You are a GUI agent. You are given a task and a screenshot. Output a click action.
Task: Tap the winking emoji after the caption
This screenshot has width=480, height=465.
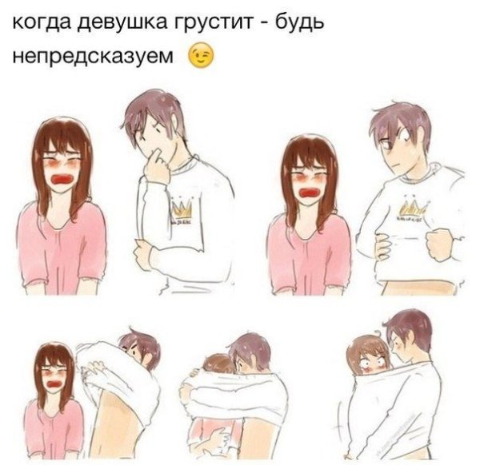[202, 56]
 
